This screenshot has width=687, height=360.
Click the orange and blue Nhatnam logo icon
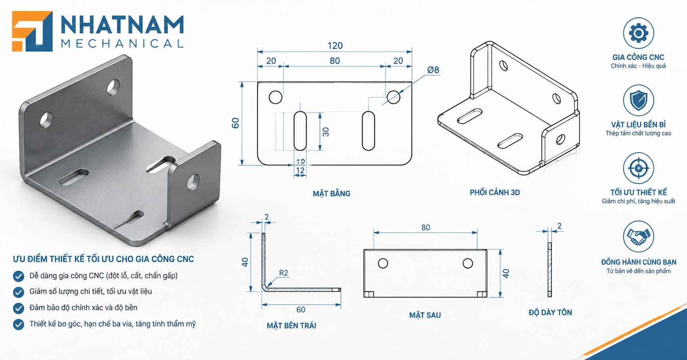pos(32,31)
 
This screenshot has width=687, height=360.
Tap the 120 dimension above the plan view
pos(335,46)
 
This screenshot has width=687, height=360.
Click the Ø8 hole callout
pos(433,70)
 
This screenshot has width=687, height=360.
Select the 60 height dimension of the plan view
pos(235,123)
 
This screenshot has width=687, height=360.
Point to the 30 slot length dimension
pos(326,132)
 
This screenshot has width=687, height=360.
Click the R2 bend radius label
pos(283,273)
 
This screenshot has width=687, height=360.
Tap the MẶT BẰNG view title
pos(331,193)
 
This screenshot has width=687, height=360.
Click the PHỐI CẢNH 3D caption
pos(495,192)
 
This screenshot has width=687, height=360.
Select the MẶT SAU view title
pos(425,315)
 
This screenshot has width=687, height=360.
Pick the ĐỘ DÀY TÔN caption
pos(550,312)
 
